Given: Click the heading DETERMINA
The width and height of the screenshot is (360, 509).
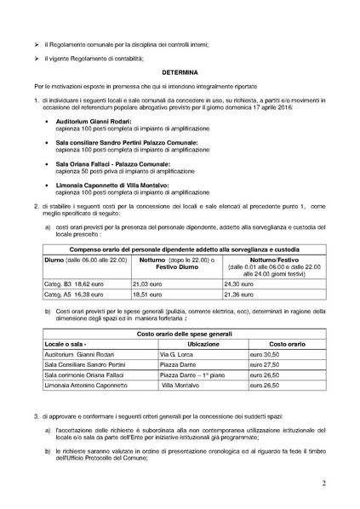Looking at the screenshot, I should pyautogui.click(x=180, y=73).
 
